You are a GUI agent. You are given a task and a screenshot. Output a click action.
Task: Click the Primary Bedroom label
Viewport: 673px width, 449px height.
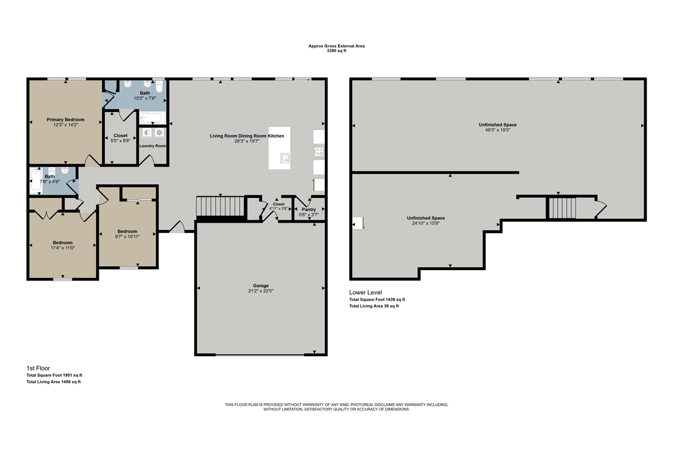[x=65, y=119]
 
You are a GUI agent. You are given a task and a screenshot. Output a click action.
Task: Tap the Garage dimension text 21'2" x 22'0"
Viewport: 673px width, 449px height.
[x=261, y=291]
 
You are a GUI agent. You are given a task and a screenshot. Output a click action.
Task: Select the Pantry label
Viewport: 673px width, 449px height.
[x=309, y=209]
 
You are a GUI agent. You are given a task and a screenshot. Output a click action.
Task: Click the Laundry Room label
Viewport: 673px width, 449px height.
[x=152, y=146]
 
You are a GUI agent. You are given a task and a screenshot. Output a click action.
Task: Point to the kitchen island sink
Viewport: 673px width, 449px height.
[x=285, y=157]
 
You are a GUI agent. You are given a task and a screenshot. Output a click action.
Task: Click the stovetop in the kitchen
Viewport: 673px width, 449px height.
[x=319, y=152]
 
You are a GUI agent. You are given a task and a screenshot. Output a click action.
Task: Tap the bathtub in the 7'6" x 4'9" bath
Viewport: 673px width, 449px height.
[x=36, y=180]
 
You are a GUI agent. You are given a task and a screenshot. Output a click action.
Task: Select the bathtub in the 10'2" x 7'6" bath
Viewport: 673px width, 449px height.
[x=152, y=117]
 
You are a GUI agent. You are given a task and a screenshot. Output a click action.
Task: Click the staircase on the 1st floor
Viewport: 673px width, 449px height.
[x=221, y=206]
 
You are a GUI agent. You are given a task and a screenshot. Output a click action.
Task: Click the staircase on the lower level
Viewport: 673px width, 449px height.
[x=562, y=207]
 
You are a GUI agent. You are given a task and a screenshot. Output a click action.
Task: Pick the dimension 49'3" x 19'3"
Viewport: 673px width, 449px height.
[x=497, y=130]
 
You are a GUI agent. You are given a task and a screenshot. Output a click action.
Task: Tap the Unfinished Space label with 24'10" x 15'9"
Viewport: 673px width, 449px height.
[x=426, y=218]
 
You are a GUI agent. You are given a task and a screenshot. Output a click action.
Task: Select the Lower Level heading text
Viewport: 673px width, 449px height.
[x=365, y=292]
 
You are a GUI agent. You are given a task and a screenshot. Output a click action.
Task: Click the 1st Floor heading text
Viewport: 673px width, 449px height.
[x=39, y=367]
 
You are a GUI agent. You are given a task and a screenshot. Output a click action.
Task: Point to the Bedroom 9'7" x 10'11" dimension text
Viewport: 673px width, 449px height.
[x=127, y=236]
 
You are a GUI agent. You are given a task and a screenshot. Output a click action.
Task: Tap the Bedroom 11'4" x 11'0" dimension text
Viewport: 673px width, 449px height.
[x=63, y=247]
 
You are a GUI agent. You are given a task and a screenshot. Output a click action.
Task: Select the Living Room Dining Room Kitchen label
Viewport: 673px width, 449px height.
[x=247, y=136]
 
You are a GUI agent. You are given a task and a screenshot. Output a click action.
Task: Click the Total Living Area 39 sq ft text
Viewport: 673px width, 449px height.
[x=374, y=306]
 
